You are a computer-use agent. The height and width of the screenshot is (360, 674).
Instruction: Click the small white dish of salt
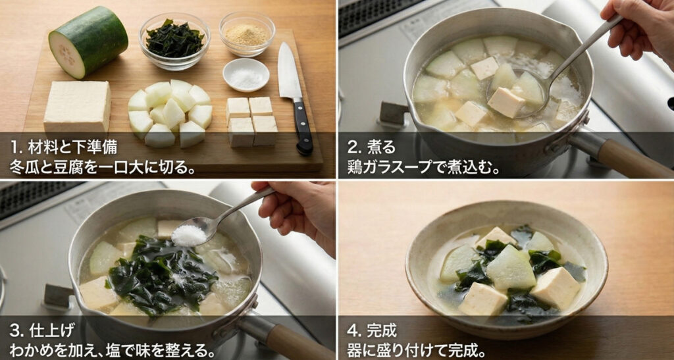246,75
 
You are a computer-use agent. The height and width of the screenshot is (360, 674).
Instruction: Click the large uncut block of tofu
77,107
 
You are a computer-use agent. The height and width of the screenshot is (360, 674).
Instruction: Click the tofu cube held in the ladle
505,102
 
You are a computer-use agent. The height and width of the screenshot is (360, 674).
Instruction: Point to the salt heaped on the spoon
189,235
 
